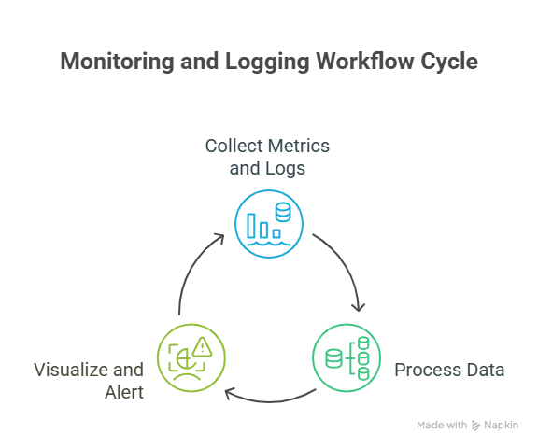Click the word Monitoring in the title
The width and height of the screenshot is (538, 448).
tap(117, 62)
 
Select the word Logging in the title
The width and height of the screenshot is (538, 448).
tap(267, 62)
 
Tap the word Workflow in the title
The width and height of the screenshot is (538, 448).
tap(364, 62)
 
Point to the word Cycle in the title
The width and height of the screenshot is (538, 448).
tap(449, 62)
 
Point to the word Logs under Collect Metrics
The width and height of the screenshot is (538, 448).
tap(286, 169)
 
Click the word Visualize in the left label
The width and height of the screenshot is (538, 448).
tap(71, 370)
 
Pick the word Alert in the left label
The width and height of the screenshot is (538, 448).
tap(124, 393)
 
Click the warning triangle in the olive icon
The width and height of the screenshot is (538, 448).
tap(202, 347)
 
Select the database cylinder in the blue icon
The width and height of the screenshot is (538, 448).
tap(283, 212)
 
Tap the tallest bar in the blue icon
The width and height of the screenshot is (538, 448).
tap(251, 226)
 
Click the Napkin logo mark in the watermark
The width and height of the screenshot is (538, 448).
tap(475, 426)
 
